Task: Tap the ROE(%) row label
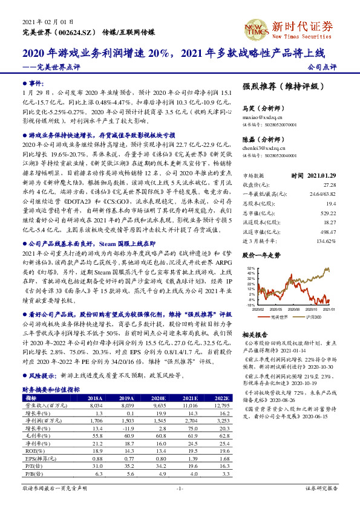click(x=32, y=450)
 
